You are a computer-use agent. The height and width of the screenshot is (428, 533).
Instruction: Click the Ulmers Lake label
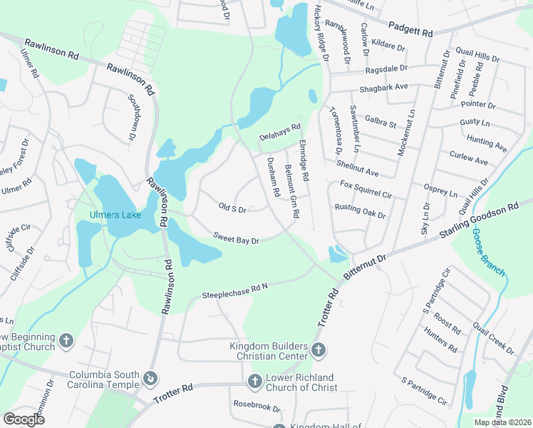115,215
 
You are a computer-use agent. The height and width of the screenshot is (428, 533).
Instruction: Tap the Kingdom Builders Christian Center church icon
319,350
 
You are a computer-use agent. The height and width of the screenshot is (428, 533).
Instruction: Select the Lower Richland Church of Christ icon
254,382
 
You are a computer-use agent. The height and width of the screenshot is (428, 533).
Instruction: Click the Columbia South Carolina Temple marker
150,377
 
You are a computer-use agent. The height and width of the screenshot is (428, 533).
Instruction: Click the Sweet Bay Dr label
235,238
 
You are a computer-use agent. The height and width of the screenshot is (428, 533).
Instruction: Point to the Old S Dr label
232,209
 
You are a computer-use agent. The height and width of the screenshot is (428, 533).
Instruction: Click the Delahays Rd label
280,131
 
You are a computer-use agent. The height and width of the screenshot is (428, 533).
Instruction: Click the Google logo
24,419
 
